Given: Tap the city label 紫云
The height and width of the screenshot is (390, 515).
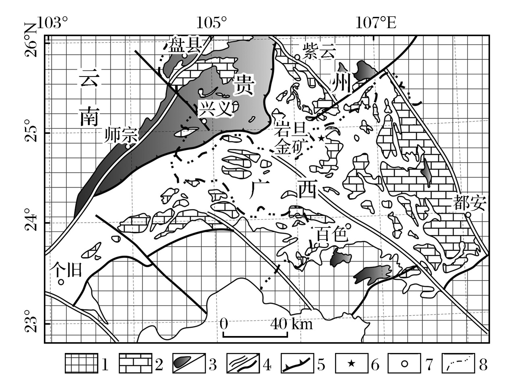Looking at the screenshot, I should click(x=319, y=52).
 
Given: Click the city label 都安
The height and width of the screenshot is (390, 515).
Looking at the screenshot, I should click(x=470, y=203).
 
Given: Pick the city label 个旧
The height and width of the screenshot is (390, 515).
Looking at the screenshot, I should click(x=66, y=270).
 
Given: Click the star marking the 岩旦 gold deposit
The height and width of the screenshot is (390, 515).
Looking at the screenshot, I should click(x=321, y=138).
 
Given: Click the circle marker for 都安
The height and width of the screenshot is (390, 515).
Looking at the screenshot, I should click(x=468, y=215).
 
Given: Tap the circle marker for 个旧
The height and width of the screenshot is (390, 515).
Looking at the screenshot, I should click(x=61, y=282).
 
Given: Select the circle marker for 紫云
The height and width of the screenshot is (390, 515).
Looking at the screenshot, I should click(x=297, y=57).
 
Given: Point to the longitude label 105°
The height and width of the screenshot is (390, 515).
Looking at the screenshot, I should click(x=212, y=23).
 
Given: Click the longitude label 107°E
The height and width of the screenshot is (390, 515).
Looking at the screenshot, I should click(x=376, y=23).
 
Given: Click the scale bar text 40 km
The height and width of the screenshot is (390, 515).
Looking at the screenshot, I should click(x=291, y=324).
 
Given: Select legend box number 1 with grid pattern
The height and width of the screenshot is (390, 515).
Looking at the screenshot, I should click(x=81, y=364).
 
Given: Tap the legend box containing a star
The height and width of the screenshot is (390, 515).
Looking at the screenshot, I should click(x=351, y=364).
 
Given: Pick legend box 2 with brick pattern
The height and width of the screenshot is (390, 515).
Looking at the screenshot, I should click(x=135, y=364).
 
